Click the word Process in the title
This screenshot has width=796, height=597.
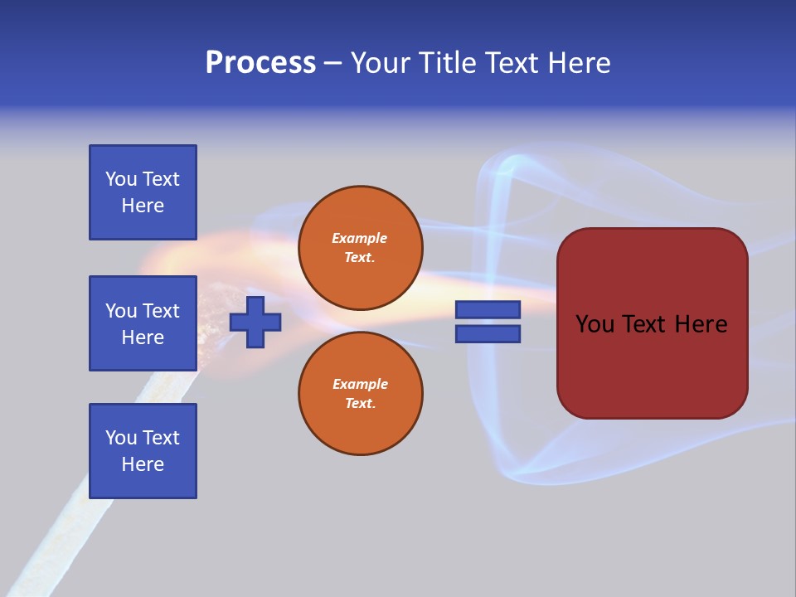coord(260,63)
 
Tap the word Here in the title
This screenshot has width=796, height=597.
coord(579,63)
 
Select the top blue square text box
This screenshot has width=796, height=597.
coord(143,192)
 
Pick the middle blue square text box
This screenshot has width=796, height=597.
coord(143,323)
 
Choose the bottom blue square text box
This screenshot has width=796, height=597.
coord(143,451)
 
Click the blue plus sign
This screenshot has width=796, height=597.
coord(255,323)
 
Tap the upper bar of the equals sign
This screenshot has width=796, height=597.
coord(488,310)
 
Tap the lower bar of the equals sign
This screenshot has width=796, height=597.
coord(488,334)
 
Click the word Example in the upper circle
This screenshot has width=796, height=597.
coord(360,238)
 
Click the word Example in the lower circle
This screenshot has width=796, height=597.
coord(360,384)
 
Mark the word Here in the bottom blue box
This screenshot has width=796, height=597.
coord(143,464)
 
